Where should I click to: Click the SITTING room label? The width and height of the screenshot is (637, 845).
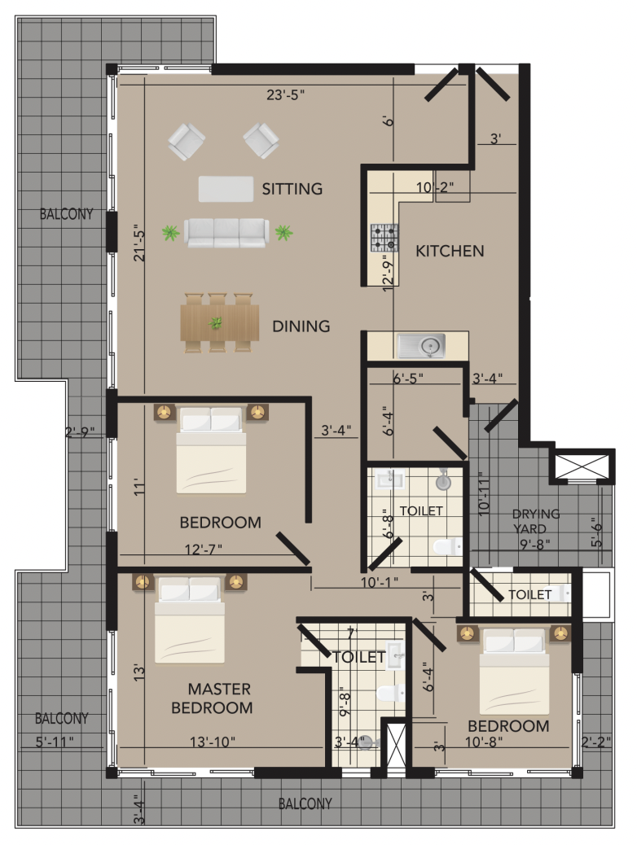(x=292, y=189)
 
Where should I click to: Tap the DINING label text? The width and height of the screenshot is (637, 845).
(x=301, y=326)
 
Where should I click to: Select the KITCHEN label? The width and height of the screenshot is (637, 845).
(x=450, y=251)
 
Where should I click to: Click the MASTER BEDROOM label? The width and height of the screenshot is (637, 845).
(x=212, y=698)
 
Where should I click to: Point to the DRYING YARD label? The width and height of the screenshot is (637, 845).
(x=536, y=521)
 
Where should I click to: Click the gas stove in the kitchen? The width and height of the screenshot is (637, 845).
(x=384, y=238)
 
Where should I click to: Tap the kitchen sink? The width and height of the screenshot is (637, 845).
(x=421, y=345)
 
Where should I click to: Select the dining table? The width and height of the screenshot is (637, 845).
(x=219, y=323)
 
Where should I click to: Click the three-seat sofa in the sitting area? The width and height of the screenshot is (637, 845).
(x=226, y=233)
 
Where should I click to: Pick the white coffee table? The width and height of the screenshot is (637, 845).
(x=226, y=189)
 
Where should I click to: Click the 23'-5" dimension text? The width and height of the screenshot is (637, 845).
(x=285, y=95)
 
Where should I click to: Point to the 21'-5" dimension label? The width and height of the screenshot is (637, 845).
(x=139, y=243)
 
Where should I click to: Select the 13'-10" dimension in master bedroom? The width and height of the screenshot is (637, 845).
(x=212, y=742)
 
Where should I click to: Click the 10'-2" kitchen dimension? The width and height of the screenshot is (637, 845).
(x=434, y=187)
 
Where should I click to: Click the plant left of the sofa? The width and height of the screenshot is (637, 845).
(x=171, y=234)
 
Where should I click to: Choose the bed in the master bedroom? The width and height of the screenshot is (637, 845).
(x=190, y=620)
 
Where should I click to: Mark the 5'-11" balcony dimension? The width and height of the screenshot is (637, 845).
(x=55, y=742)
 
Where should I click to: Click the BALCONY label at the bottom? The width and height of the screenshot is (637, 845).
(x=305, y=804)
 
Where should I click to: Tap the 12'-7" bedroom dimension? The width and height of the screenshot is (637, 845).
(x=204, y=549)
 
